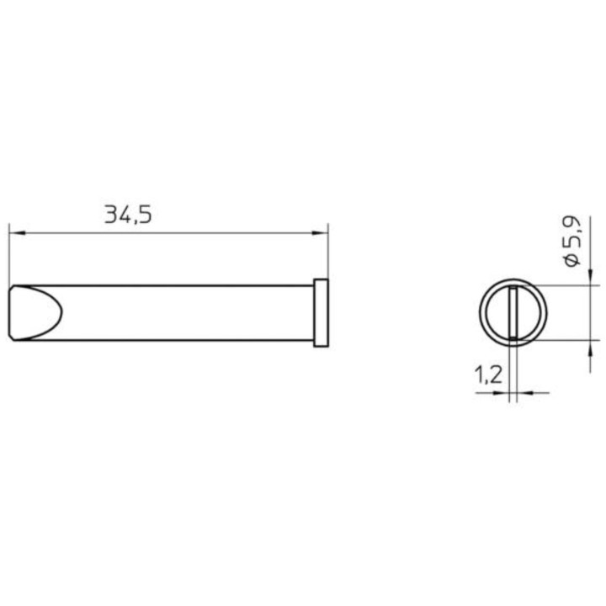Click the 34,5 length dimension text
[x=127, y=215]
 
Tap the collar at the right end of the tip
[x=320, y=313]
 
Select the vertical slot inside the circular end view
[x=513, y=313]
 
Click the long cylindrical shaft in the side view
[x=185, y=313]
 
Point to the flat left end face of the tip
[x=10, y=313]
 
